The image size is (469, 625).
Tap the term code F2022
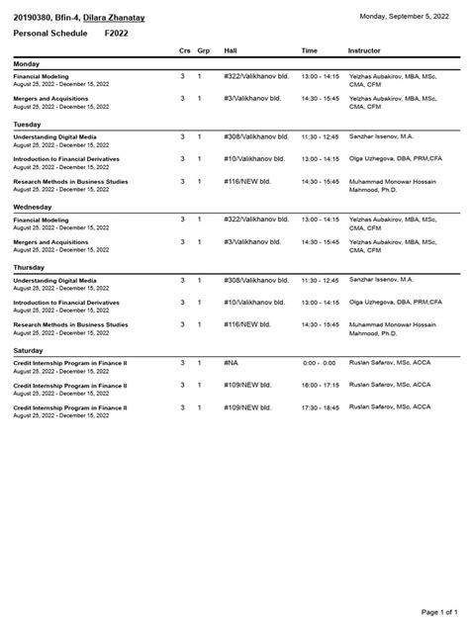pyautogui.click(x=117, y=34)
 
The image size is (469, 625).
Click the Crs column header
pyautogui.click(x=184, y=50)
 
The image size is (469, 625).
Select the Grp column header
pyautogui.click(x=203, y=50)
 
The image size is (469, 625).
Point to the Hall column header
pyautogui.click(x=231, y=50)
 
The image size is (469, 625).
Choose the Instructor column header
pyautogui.click(x=364, y=50)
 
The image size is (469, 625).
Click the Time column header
pyautogui.click(x=310, y=50)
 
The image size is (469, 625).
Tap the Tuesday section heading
pyautogui.click(x=27, y=125)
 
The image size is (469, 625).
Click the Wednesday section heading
pyautogui.click(x=33, y=207)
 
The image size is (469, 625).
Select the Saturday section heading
pyautogui.click(x=29, y=350)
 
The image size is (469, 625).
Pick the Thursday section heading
pyautogui.click(x=29, y=267)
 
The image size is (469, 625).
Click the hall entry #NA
pyautogui.click(x=232, y=363)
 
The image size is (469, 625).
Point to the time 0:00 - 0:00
pyautogui.click(x=320, y=363)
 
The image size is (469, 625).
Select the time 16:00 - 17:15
pyautogui.click(x=320, y=385)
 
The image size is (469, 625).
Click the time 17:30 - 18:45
pyautogui.click(x=320, y=406)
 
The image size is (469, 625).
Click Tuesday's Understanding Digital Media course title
pyautogui.click(x=55, y=136)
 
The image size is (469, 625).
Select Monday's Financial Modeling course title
pyautogui.click(x=42, y=76)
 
